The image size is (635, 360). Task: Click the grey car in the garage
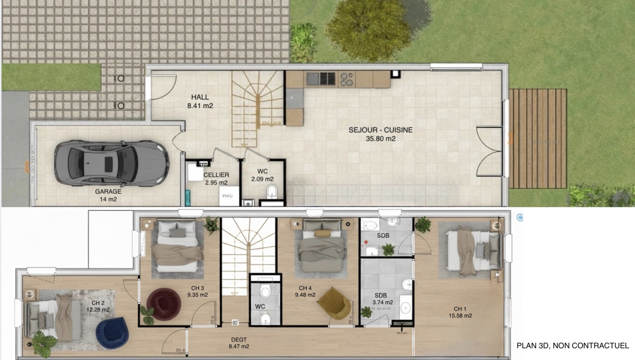pyautogui.click(x=111, y=162)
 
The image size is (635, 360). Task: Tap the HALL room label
pyautogui.click(x=200, y=97)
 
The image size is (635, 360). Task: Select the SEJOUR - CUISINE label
pyautogui.click(x=380, y=130)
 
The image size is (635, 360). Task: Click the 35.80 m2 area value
pyautogui.click(x=380, y=139)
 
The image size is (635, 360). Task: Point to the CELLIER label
pyautogui.click(x=216, y=175)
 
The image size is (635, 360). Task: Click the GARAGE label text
pyautogui.click(x=108, y=191)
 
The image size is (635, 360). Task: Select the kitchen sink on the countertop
pyautogui.click(x=312, y=79)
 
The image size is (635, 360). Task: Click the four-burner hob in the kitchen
pyautogui.click(x=346, y=79)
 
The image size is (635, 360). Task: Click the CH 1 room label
pyautogui.click(x=460, y=308)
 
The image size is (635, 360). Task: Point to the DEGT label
pyautogui.click(x=239, y=339)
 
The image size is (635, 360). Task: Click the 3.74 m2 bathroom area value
pyautogui.click(x=383, y=302)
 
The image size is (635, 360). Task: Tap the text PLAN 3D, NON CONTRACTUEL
pyautogui.click(x=573, y=346)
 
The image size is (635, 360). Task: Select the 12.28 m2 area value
pyautogui.click(x=98, y=310)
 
